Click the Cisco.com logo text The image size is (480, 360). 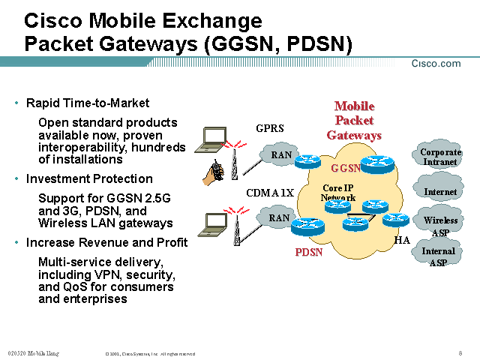pyautogui.click(x=436, y=64)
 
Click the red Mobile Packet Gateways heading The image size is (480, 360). pyautogui.click(x=354, y=121)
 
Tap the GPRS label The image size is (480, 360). pyautogui.click(x=270, y=128)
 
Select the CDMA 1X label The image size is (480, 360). pyautogui.click(x=270, y=193)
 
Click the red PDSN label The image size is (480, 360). pyautogui.click(x=309, y=252)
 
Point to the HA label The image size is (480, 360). pyautogui.click(x=402, y=240)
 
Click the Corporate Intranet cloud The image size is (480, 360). pyautogui.click(x=439, y=157)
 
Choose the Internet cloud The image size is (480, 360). pyautogui.click(x=439, y=192)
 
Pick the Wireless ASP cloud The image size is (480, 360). pyautogui.click(x=440, y=225)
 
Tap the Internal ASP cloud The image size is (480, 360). pyautogui.click(x=438, y=256)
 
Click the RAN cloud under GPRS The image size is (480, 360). pyautogui.click(x=280, y=155)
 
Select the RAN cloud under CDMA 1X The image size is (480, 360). pyautogui.click(x=279, y=218)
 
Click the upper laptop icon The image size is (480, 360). pyautogui.click(x=215, y=137)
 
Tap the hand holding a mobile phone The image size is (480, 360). pyautogui.click(x=214, y=172)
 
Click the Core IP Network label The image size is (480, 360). pyautogui.click(x=338, y=192)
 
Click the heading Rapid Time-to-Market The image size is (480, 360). pyautogui.click(x=88, y=103)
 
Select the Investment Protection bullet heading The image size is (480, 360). pyautogui.click(x=89, y=178)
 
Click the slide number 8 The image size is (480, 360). pyautogui.click(x=460, y=352)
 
